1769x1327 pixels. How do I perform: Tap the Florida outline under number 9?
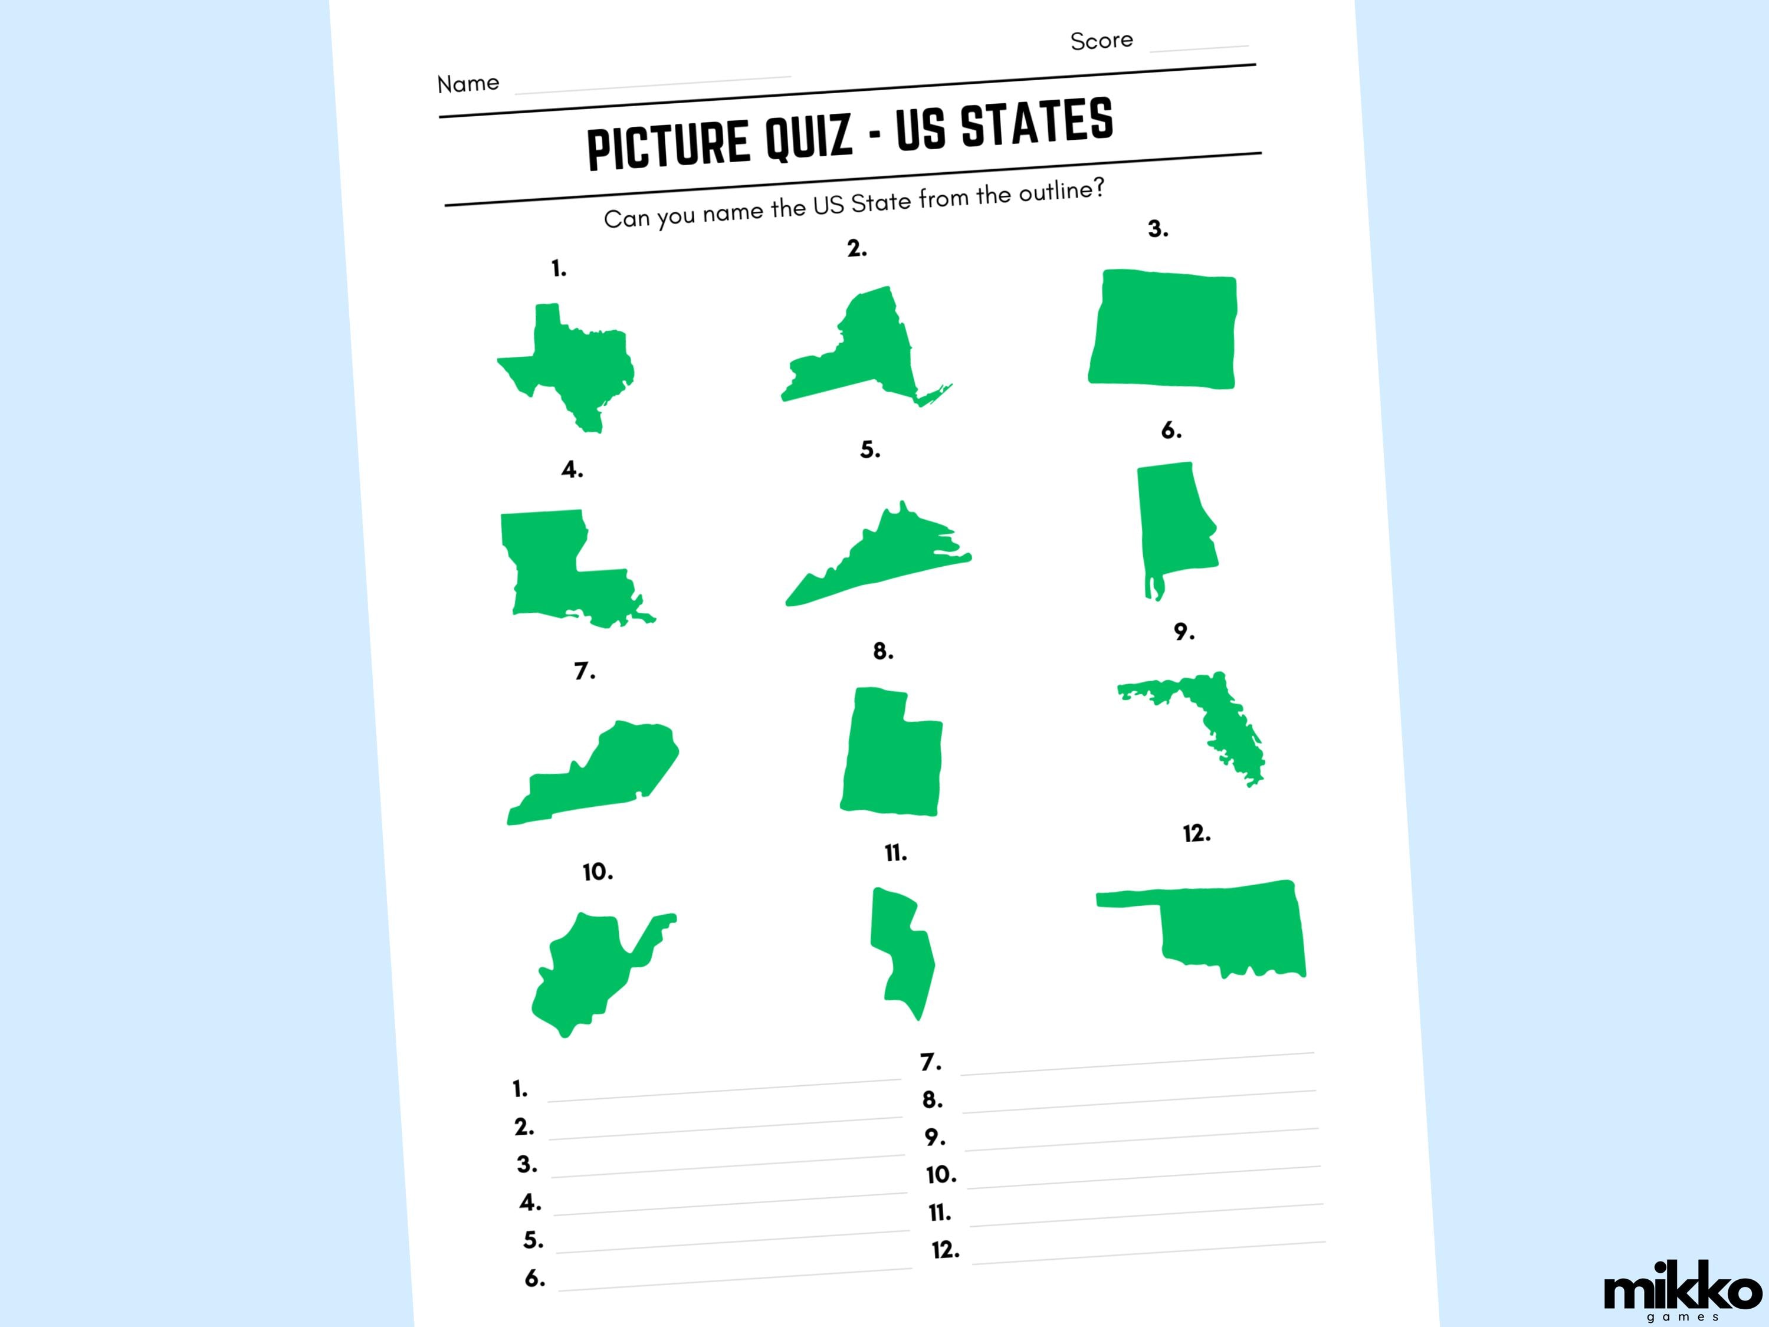[x=1207, y=711]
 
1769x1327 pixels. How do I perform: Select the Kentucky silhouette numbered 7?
[x=600, y=776]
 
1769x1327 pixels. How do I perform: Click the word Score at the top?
[x=1101, y=41]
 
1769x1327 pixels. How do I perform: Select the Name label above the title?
[x=468, y=83]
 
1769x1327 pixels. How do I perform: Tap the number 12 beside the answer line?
[x=946, y=1250]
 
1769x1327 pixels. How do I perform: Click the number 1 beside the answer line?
[x=520, y=1089]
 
